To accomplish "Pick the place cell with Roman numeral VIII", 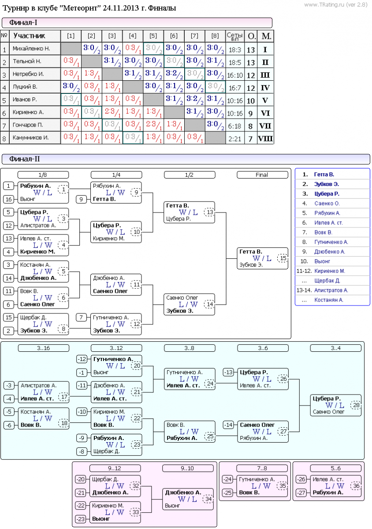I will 265,138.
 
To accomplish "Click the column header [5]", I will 153,36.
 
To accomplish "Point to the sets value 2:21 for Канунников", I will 234,138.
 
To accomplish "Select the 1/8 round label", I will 43,175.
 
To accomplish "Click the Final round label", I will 262,175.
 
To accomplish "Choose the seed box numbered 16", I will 9,199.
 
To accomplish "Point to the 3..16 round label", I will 43,348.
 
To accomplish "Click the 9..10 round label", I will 188,468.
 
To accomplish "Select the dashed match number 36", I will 356,486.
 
